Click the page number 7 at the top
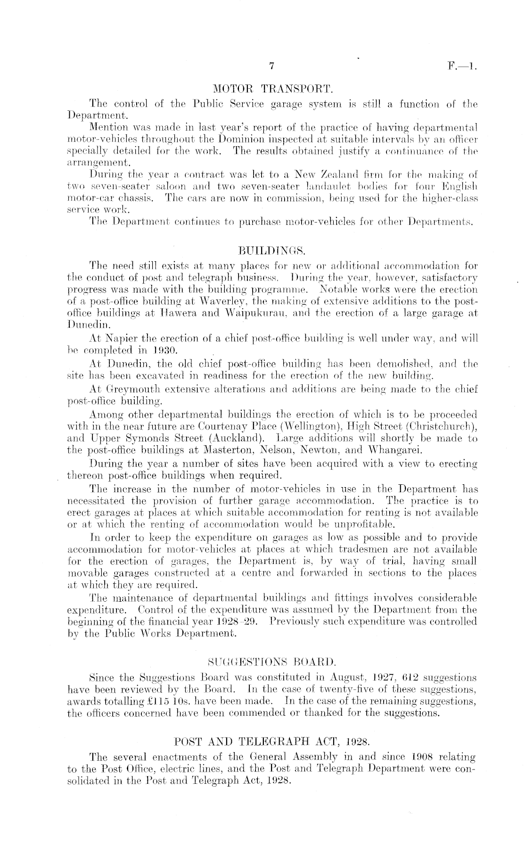click(271, 66)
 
